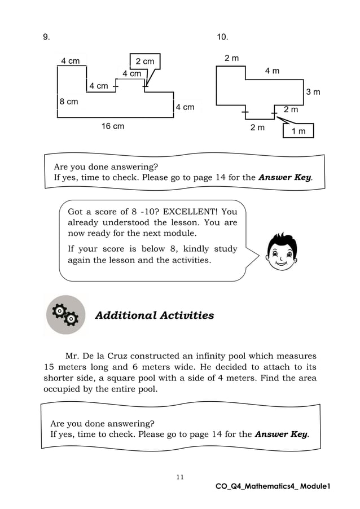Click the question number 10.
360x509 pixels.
(222, 37)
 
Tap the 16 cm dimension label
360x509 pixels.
(113, 126)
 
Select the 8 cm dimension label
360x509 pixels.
(69, 102)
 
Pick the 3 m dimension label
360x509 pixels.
(313, 92)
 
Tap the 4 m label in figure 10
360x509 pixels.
(272, 71)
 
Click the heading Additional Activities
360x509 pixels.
(154, 315)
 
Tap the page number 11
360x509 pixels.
(179, 477)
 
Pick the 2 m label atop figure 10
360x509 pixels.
(231, 58)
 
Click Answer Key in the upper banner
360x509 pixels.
(284, 177)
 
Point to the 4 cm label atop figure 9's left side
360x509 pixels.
(70, 61)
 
